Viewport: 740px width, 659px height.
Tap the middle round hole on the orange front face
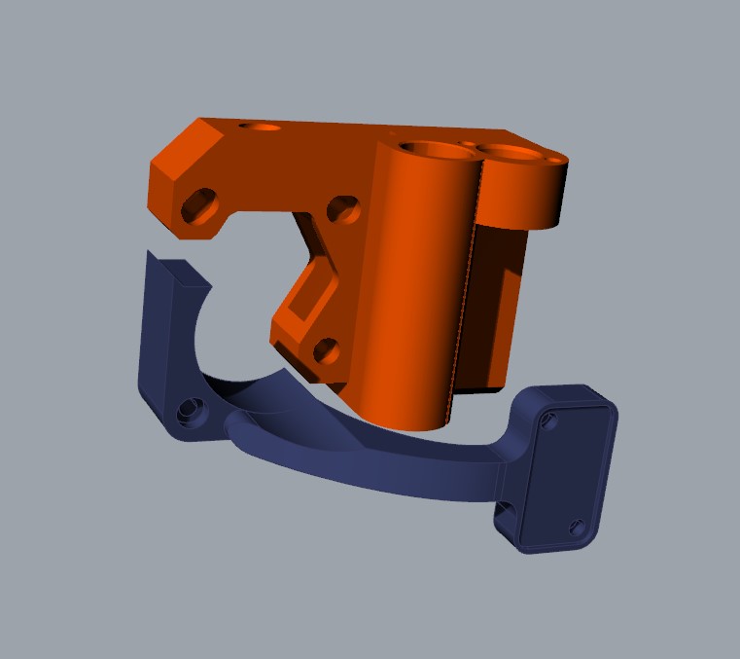341,207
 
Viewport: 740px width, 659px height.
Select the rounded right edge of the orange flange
562,195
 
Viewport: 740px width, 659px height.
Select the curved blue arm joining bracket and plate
389,465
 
